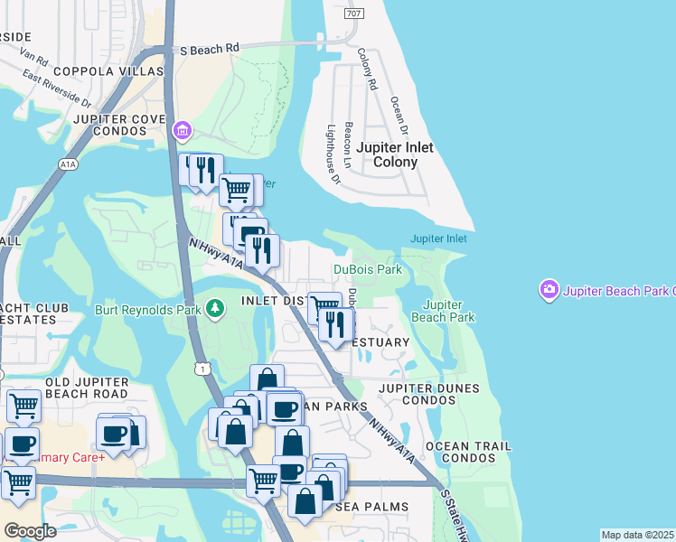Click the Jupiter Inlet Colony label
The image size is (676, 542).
[394, 154]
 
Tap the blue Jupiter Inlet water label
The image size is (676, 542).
[438, 238]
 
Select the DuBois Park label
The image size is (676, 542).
[367, 269]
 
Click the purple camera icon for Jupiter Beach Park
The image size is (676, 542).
[549, 291]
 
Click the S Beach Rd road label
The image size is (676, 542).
[209, 48]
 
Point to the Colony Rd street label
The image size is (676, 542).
[367, 70]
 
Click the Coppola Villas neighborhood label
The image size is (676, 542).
[108, 71]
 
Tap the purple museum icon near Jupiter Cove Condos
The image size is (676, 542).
[183, 132]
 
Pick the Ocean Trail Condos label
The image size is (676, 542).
[468, 453]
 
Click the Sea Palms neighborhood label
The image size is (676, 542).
[373, 507]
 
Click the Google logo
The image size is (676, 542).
[31, 531]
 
